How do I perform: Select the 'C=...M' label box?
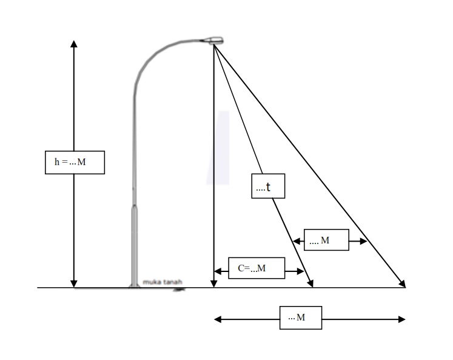[257, 268]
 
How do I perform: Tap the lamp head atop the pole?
[215, 40]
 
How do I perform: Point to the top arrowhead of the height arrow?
[74, 44]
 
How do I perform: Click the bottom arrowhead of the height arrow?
[74, 283]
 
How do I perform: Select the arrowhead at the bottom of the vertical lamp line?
[213, 283]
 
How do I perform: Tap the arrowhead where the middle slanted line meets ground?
[311, 284]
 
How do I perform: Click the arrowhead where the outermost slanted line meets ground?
[402, 284]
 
